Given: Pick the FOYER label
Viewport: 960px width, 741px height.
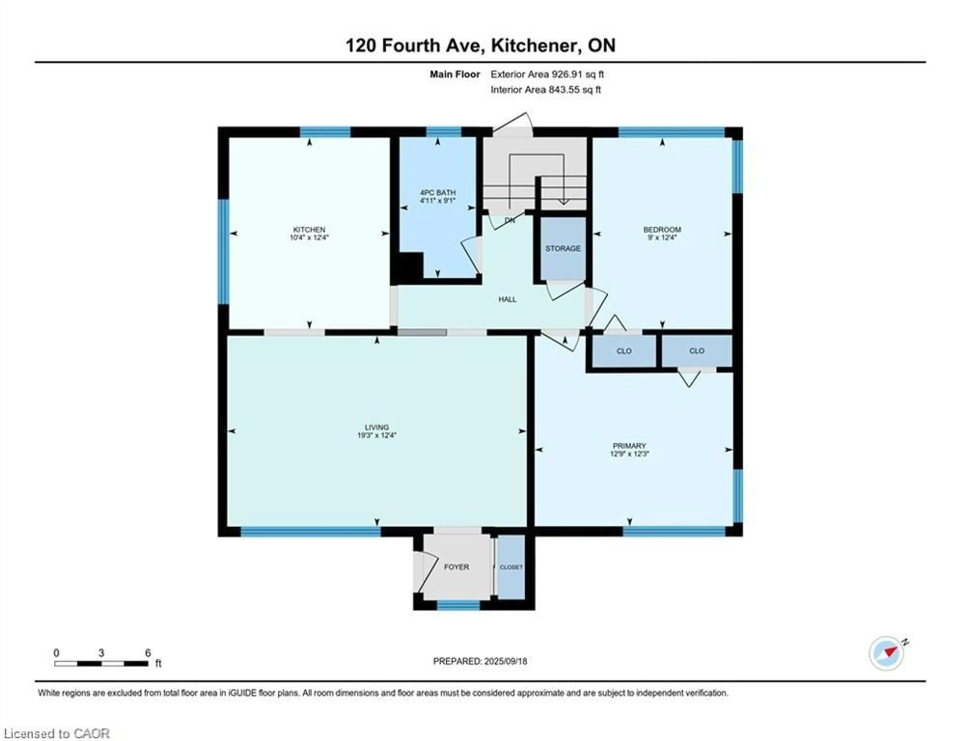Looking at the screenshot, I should tap(456, 567).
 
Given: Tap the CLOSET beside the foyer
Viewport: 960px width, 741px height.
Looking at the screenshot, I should tap(511, 567).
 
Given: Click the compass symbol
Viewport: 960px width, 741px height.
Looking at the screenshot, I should tap(886, 665).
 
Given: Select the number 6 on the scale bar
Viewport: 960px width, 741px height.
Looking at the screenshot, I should tap(148, 653).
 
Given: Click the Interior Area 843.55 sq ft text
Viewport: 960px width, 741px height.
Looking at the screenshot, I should tap(545, 90).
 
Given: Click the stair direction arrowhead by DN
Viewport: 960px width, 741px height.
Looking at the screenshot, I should tap(563, 202).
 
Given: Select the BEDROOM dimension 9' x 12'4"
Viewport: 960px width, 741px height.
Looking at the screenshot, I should tap(662, 237).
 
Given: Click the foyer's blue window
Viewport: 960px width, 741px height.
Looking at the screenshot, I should tap(458, 605).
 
